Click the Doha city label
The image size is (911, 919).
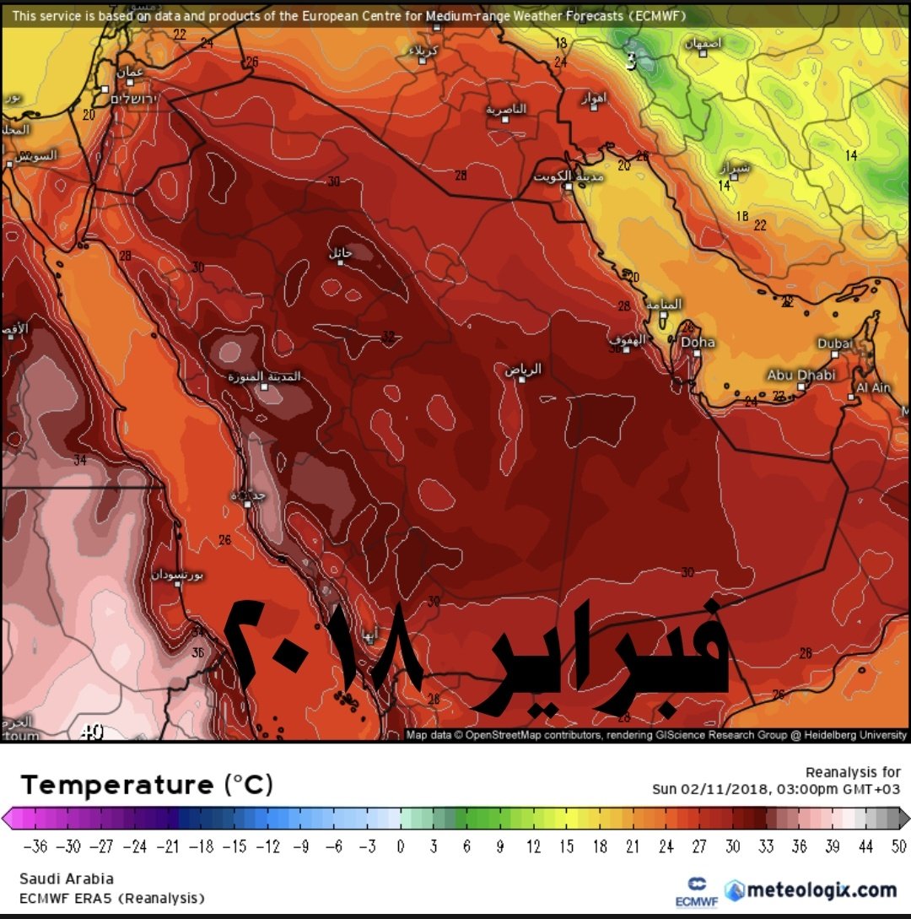(698, 342)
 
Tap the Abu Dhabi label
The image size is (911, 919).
(800, 374)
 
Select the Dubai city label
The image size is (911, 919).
(835, 343)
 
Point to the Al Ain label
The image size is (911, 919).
(873, 388)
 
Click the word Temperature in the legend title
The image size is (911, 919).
(117, 785)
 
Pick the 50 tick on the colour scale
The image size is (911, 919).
(898, 846)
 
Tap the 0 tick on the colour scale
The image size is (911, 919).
(401, 846)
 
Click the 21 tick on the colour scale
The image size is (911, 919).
(633, 846)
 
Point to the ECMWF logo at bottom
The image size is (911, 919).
(697, 891)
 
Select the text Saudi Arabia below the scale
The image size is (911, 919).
(66, 878)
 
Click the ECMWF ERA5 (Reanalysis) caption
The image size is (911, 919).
(111, 898)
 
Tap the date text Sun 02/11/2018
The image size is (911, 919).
(710, 789)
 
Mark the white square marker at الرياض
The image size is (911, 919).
(522, 379)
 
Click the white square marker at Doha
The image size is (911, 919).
(694, 354)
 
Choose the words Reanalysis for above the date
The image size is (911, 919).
(853, 772)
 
